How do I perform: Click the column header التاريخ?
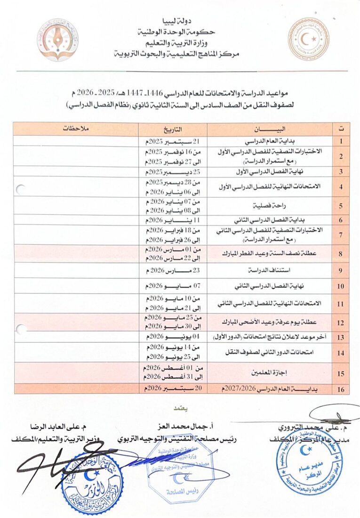173,129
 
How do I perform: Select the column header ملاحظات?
75,129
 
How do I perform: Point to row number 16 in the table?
340,389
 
